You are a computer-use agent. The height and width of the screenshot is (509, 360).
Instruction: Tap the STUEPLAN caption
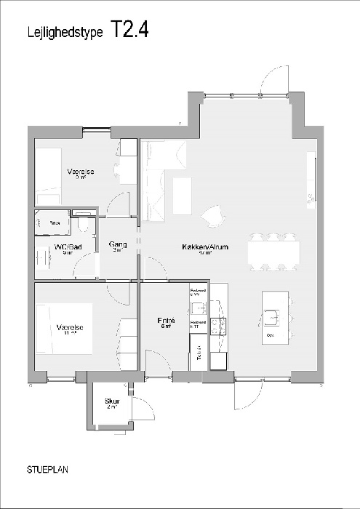coord(47,470)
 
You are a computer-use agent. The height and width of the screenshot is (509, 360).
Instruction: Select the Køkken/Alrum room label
coord(205,247)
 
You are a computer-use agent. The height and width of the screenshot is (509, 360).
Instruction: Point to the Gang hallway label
coord(118,245)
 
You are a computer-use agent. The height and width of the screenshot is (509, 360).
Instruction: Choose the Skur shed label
coord(111,401)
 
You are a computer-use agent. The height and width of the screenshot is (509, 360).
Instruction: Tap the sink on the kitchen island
coord(272,316)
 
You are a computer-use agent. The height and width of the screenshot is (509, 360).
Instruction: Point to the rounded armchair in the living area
coord(212,215)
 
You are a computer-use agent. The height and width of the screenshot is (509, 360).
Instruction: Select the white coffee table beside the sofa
coord(181,196)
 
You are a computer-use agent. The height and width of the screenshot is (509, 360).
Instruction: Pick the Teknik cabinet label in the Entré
coord(197,356)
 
